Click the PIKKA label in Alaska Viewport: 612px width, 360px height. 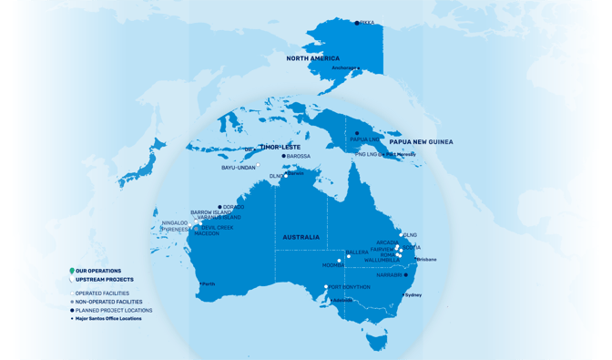pos(367,23)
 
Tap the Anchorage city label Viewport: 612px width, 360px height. pos(344,68)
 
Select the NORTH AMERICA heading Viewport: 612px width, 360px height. pos(312,58)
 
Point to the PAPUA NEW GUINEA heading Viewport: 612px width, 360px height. pos(421,142)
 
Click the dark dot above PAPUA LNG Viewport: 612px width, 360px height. pos(357,133)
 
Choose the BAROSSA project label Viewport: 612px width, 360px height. pos(299,156)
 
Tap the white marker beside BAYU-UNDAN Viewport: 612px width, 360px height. pos(258,166)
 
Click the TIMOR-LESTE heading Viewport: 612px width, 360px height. pos(280,147)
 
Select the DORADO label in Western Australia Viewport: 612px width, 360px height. pos(233,207)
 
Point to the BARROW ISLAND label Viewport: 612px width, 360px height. pos(210,212)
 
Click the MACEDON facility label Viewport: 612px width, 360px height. pos(206,234)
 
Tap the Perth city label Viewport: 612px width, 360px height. pos(209,284)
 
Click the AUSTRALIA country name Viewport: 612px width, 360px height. pos(301,237)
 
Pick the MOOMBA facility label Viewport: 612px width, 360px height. pos(333,265)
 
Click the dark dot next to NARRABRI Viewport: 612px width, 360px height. pos(406,274)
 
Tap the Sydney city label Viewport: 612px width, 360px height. pos(413,295)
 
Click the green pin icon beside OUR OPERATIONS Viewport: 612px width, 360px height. pos(72,272)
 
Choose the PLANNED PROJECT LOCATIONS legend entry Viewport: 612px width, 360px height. pos(114,311)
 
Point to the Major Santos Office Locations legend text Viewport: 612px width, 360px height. pos(108,319)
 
